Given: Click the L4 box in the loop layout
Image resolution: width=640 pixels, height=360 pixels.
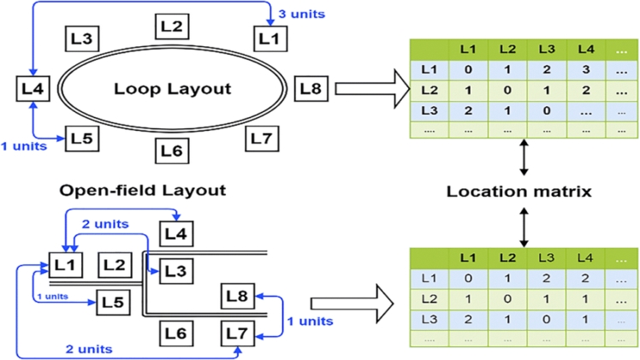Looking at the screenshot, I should point(33,87).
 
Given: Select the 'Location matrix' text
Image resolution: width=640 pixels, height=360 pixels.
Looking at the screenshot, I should point(519,192).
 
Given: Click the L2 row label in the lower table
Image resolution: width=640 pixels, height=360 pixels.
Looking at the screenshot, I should point(424,299).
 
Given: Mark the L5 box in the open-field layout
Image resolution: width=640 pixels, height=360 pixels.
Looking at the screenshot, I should point(113,301).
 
